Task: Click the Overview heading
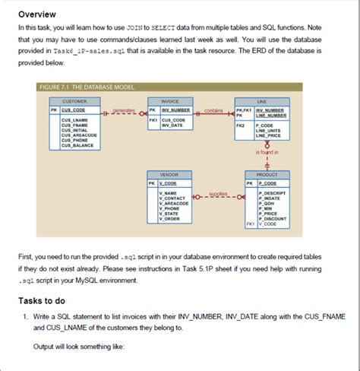pyautogui.click(x=37, y=13)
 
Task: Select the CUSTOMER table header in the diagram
pyautogui.click(x=74, y=100)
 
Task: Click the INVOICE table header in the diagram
pyautogui.click(x=169, y=100)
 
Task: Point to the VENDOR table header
pyautogui.click(x=169, y=174)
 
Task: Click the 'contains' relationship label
pyautogui.click(x=213, y=110)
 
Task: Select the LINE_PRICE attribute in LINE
pyautogui.click(x=270, y=135)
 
